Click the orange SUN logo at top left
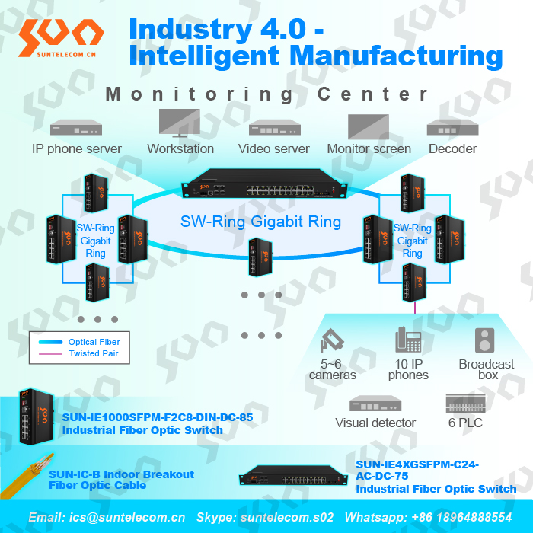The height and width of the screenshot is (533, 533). [61, 37]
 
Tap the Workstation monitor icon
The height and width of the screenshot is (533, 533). [180, 123]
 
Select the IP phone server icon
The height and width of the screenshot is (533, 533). [76, 127]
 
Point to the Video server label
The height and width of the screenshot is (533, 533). [273, 149]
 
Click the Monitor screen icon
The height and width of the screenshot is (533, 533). [369, 126]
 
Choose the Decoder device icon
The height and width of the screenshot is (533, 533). [453, 127]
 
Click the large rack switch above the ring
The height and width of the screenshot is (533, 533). [264, 184]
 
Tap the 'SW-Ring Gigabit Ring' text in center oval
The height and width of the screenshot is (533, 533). [260, 222]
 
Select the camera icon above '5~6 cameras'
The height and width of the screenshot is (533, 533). [332, 340]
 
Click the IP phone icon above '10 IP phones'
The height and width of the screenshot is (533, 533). [408, 340]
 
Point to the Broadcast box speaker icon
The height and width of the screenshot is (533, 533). [484, 340]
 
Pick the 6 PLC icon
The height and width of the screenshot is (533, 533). [465, 403]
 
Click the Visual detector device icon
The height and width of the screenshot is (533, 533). [375, 404]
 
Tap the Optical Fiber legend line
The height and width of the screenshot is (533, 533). [51, 342]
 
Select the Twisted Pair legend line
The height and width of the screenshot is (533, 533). [51, 354]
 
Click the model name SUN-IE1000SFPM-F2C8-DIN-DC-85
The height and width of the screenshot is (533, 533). [158, 417]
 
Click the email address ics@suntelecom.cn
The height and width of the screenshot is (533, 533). [127, 517]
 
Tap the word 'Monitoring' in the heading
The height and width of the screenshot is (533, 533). [199, 94]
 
